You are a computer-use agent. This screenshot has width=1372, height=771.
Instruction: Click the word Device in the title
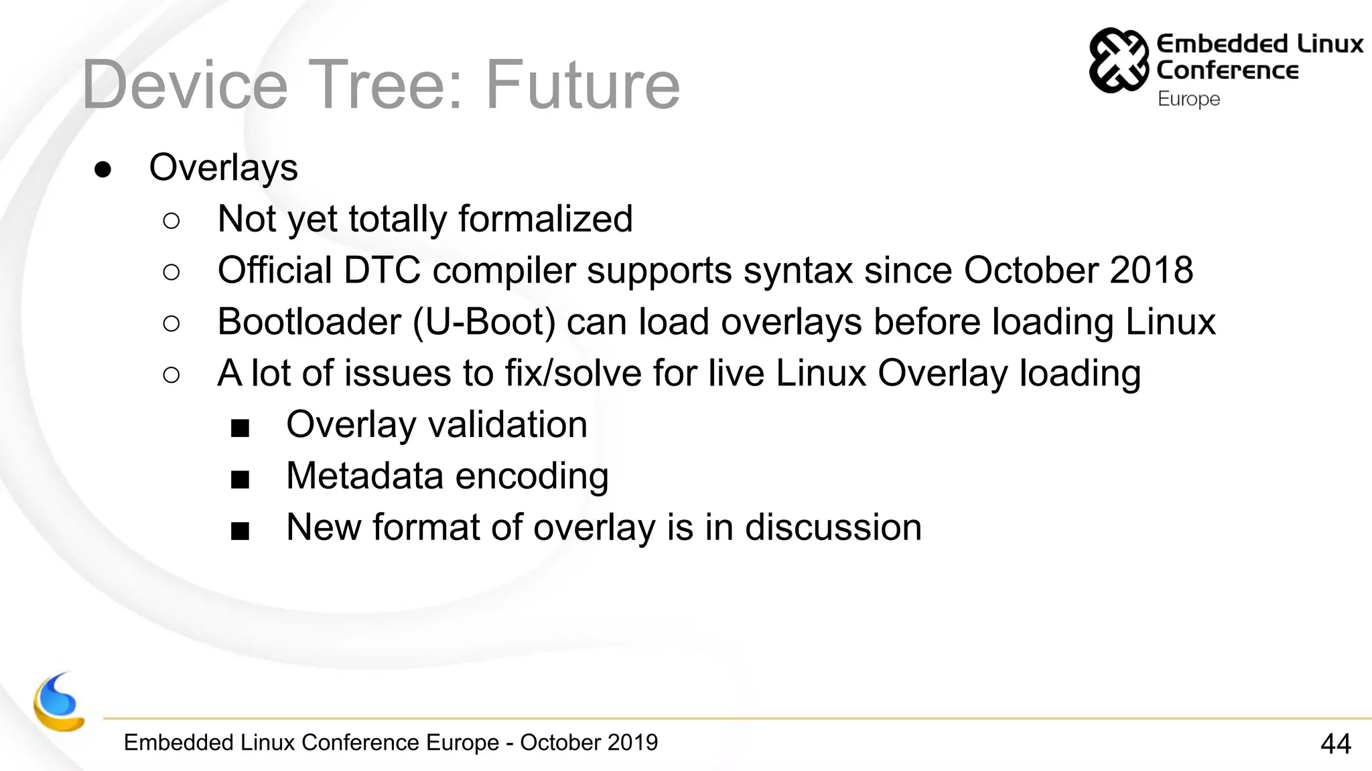[x=185, y=85]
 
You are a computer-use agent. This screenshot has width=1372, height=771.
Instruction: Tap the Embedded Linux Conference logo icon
[x=1117, y=60]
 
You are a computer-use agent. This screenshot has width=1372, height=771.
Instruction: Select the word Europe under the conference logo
[x=1188, y=99]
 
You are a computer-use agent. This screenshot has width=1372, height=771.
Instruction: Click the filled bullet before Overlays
[x=102, y=169]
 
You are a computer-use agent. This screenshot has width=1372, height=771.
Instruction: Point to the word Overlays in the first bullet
[x=223, y=167]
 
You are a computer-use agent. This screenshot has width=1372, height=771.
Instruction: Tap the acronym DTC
[x=382, y=270]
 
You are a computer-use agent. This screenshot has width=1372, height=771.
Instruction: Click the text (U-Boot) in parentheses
[x=484, y=322]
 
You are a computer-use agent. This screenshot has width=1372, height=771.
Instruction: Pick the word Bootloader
[x=309, y=322]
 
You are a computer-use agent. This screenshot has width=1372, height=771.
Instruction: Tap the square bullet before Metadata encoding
[x=240, y=479]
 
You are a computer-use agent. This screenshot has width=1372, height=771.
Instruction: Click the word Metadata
[x=364, y=476]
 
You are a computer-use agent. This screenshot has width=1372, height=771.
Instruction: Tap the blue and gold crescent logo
[x=58, y=703]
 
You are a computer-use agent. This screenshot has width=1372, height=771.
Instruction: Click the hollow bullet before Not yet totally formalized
[x=171, y=221]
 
